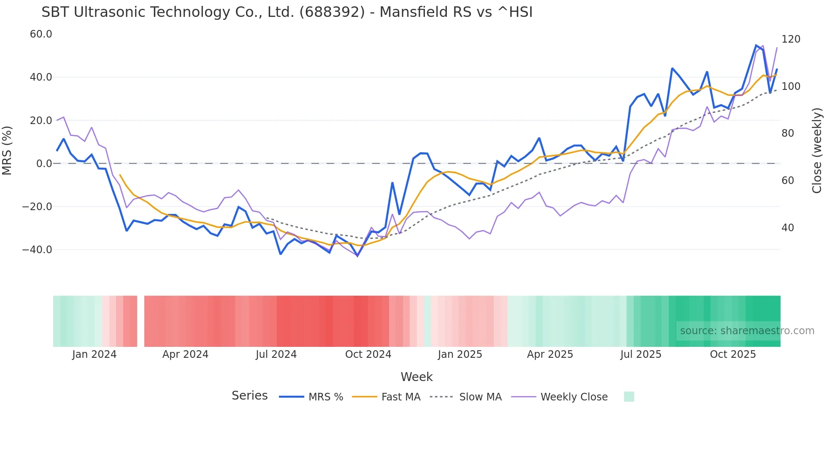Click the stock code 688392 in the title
click(x=332, y=12)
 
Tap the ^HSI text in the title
click(x=515, y=12)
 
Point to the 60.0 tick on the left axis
click(x=41, y=34)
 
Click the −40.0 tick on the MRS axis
click(x=37, y=249)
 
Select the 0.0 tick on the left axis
click(x=44, y=164)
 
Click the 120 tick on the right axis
click(x=791, y=39)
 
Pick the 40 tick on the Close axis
click(x=787, y=228)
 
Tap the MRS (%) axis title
click(x=7, y=151)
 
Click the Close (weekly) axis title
click(x=817, y=151)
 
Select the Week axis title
click(x=416, y=377)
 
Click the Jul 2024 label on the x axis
click(x=276, y=354)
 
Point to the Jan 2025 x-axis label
click(x=460, y=354)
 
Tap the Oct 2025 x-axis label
click(x=733, y=354)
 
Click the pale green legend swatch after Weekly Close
click(x=629, y=397)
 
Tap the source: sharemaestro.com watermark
click(x=747, y=331)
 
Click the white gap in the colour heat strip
click(x=141, y=321)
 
